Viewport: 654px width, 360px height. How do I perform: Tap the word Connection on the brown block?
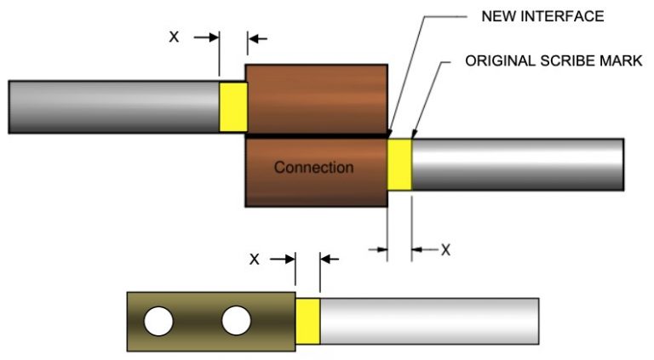[313, 168]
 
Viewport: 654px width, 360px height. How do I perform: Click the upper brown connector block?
[316, 97]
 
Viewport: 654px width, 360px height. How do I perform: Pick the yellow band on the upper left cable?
[232, 106]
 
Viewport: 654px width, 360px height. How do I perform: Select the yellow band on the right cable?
[399, 164]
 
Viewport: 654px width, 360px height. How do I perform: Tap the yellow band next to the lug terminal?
[307, 320]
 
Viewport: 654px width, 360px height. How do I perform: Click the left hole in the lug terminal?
[158, 321]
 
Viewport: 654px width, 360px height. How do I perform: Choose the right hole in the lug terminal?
[236, 321]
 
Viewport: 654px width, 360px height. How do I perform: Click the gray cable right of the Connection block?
[517, 164]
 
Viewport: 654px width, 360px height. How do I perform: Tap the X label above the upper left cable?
[174, 37]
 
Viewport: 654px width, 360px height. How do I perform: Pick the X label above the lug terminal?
[254, 259]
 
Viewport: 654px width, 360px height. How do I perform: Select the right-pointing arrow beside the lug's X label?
[284, 259]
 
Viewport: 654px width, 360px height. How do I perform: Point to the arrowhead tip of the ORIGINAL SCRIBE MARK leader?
[412, 136]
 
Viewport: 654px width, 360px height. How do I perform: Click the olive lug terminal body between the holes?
[198, 321]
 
